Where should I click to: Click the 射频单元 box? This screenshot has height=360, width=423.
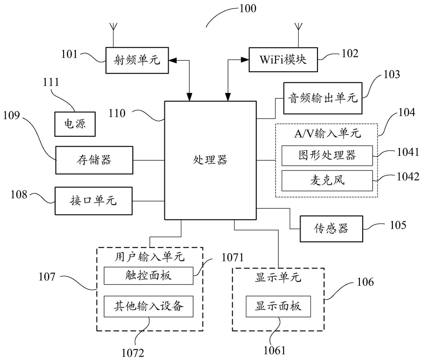[137, 60]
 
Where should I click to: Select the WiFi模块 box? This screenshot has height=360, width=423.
[283, 60]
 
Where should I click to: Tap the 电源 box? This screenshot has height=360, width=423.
[75, 124]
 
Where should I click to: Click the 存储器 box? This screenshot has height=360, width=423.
[94, 160]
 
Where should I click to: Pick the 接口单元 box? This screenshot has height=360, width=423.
[94, 201]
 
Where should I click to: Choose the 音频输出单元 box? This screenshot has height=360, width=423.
[323, 98]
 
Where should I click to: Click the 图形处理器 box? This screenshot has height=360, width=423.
[327, 155]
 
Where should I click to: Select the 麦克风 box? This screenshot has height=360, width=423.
[327, 180]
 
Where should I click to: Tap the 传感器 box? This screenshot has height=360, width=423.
[331, 229]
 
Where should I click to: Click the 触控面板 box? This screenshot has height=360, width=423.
[149, 276]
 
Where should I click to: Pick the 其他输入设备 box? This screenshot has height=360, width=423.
[149, 306]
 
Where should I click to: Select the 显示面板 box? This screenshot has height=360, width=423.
[278, 306]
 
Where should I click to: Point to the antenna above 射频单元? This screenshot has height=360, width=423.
[114, 34]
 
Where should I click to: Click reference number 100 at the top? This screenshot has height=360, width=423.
[248, 8]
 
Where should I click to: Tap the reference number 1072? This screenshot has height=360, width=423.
[133, 353]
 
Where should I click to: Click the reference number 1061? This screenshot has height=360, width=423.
[274, 350]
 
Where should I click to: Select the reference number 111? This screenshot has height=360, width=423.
[51, 82]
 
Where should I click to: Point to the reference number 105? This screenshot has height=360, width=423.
[398, 225]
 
